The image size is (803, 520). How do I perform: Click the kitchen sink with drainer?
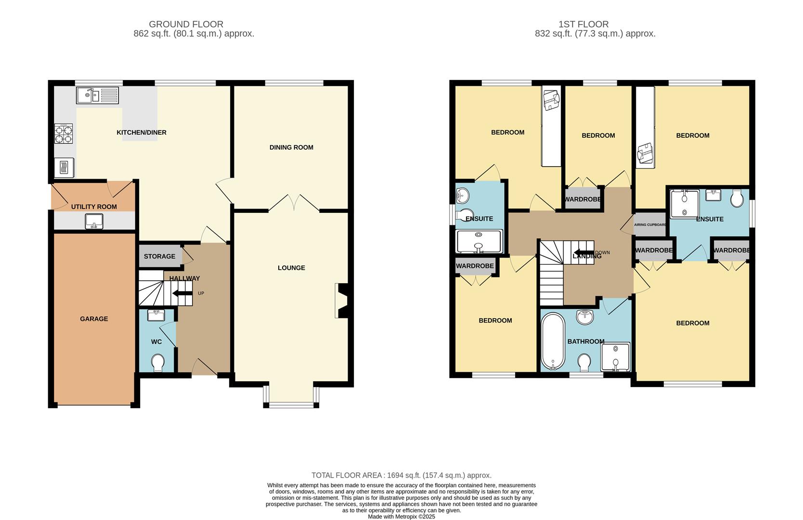pos(97,95)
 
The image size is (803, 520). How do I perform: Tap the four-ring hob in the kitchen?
pos(64,133)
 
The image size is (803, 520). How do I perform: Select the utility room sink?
pos(94,221)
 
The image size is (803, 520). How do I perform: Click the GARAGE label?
pos(94,319)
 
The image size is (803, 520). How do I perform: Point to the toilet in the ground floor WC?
pos(157,363)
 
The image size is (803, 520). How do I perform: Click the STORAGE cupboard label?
pos(159,256)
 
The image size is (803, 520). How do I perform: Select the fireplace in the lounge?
pos(343,301)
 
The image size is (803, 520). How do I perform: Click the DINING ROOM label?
pos(291,147)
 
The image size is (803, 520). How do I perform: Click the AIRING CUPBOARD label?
pos(650,225)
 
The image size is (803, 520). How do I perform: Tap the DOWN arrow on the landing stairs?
pos(583,253)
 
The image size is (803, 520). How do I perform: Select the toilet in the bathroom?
pos(584,363)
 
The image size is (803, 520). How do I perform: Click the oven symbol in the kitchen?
pos(64,168)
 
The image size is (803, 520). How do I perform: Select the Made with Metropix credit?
pos(401,517)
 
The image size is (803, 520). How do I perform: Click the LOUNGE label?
pos(291,268)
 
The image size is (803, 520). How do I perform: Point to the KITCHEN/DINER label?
pos(142,132)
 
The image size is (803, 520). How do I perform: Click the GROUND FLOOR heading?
pos(186,24)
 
